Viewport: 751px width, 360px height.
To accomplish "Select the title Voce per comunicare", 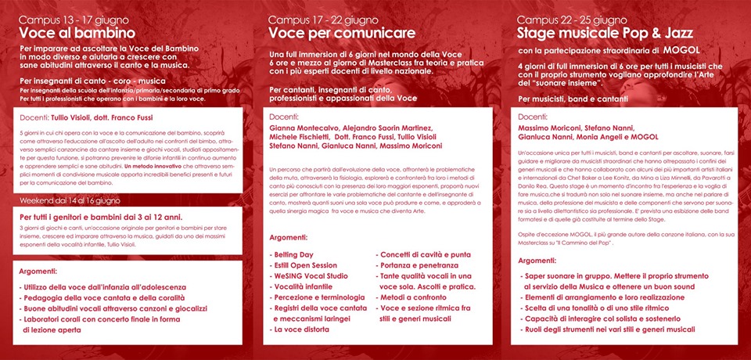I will (x=331, y=33).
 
